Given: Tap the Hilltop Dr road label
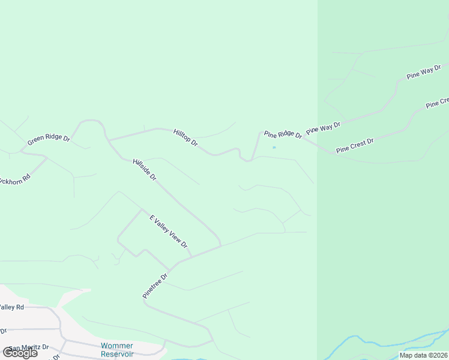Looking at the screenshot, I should coord(185,137).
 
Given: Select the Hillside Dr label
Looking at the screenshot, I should coord(145,169).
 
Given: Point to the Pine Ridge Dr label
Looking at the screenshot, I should coord(283,134).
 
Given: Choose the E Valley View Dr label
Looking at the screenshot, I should coord(169,232).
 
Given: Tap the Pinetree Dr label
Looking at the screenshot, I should coord(155,284).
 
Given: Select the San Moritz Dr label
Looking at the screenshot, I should coord(28,347).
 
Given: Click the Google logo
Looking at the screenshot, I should coord(20,353).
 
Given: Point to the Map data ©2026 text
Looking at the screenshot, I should coord(424,355).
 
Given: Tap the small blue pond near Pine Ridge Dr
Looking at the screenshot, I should coord(274,147).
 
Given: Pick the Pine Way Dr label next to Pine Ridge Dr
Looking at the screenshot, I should coord(323,128).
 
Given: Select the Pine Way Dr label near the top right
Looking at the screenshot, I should coord(424,72).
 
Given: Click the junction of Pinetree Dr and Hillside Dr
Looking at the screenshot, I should coord(220,245).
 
